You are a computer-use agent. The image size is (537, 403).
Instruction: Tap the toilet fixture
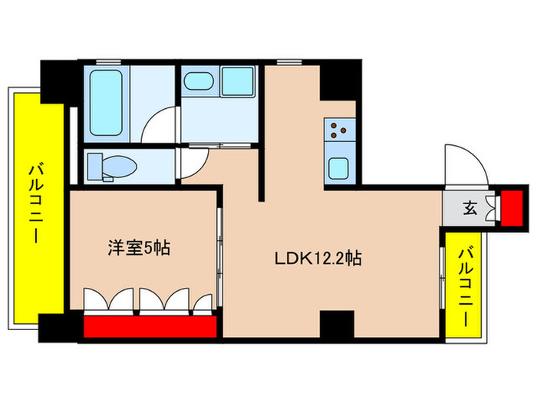click(112, 164)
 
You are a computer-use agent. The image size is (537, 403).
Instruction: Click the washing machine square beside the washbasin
click(238, 81)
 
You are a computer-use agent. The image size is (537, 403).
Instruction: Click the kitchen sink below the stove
click(339, 167)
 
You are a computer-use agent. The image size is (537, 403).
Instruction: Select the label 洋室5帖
click(138, 247)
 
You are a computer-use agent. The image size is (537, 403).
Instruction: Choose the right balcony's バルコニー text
click(465, 286)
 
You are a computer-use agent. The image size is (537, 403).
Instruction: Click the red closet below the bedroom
click(150, 327)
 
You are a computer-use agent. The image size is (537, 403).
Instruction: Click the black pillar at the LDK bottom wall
click(335, 324)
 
